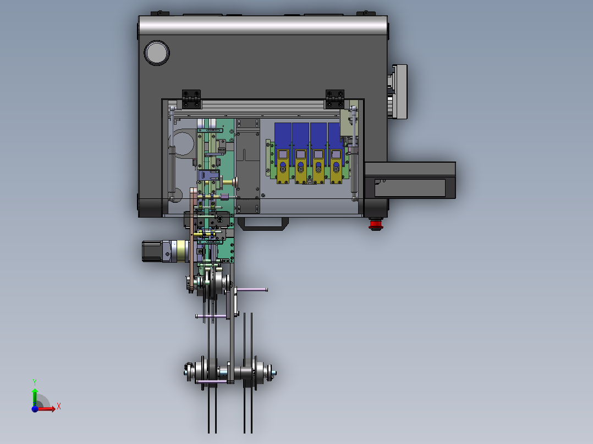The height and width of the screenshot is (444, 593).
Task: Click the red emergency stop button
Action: click(376, 224)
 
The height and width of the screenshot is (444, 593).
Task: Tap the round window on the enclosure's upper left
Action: click(157, 53)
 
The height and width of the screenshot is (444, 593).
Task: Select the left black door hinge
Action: click(191, 99)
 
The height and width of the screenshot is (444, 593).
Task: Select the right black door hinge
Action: click(334, 99)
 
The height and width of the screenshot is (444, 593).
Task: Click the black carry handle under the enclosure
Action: click(263, 224)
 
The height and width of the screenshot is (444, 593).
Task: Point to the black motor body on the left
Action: click(152, 251)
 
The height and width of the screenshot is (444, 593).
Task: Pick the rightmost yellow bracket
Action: click(336, 166)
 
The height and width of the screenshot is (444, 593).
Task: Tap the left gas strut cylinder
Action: click(172, 169)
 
